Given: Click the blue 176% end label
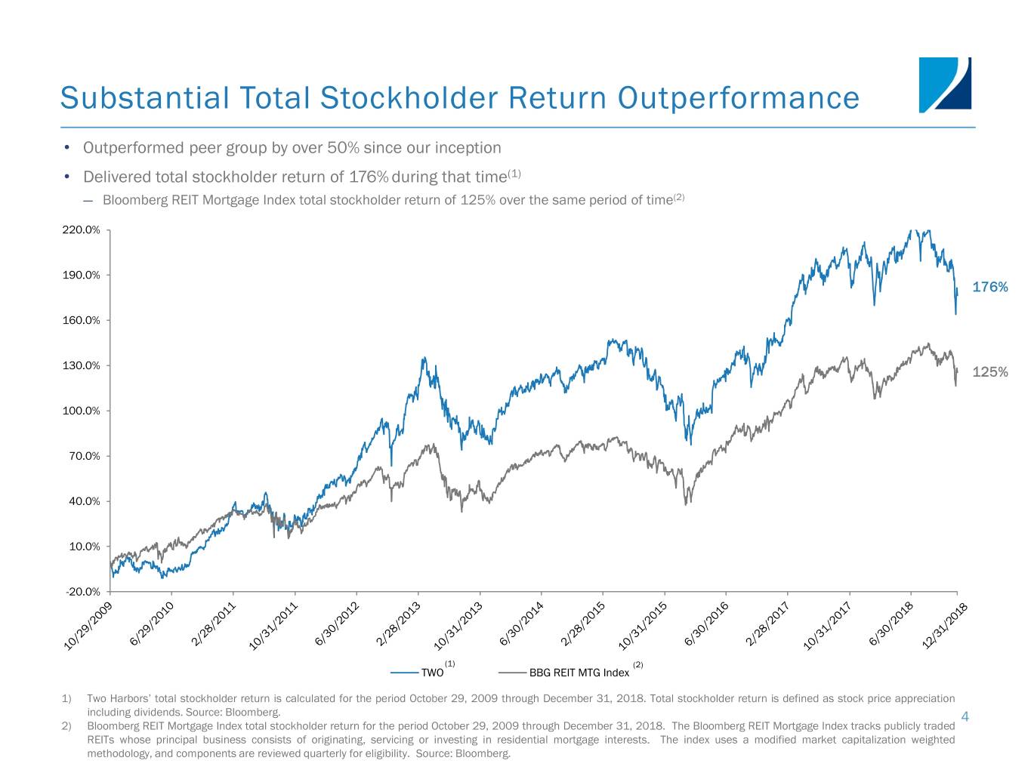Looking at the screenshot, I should pos(989,287).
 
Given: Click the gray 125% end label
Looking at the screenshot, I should pos(989,372).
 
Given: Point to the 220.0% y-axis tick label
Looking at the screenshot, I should pos(81,230).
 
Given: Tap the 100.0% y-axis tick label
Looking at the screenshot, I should pos(81,411).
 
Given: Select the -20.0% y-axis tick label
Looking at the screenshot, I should pos(82,592).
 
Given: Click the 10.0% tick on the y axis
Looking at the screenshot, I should pos(84,547).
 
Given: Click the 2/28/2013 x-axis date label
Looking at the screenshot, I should pos(398,625).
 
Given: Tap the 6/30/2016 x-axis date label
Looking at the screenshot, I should pos(706,625).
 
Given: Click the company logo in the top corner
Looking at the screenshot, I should pos(945,85).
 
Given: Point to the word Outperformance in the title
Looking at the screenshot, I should pos(738,98).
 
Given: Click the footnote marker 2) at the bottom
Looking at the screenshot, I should pos(66,726).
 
